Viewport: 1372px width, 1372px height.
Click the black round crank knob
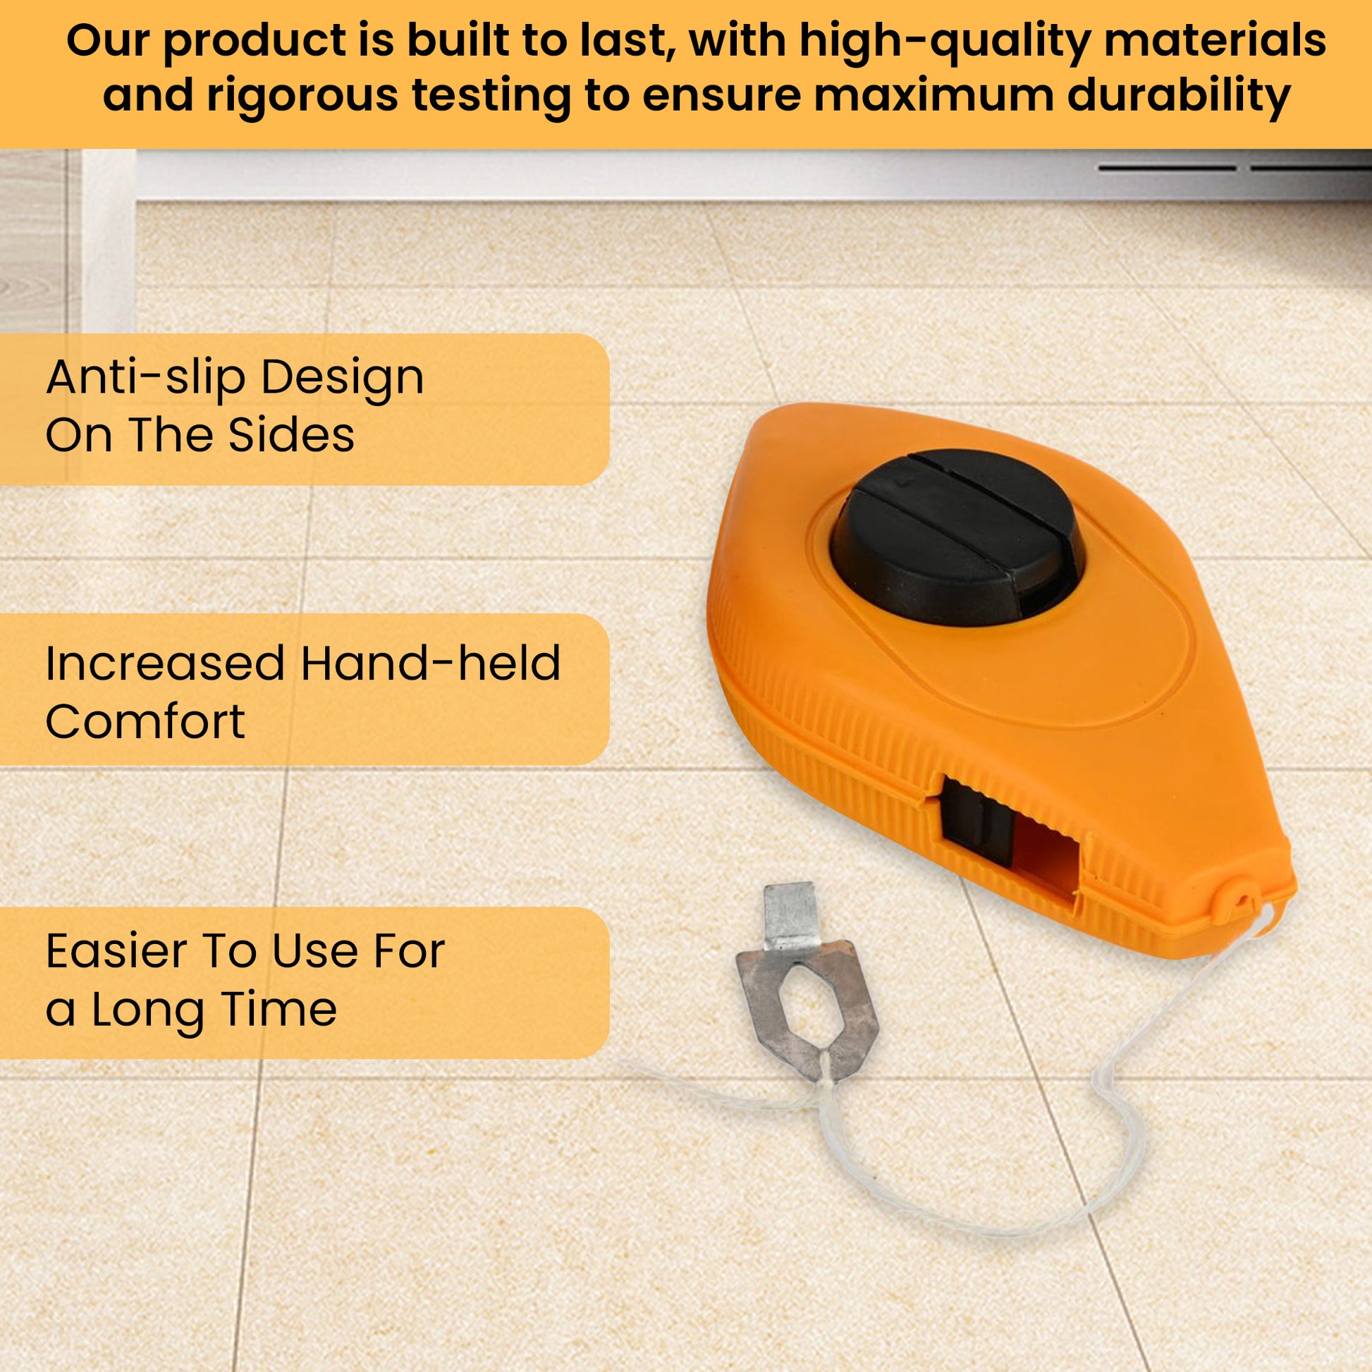click(956, 537)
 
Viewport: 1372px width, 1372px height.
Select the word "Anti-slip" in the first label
click(143, 379)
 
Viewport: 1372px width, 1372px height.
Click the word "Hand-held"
click(430, 663)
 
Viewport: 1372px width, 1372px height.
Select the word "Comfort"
click(145, 721)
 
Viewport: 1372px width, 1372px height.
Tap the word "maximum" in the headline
click(935, 97)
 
